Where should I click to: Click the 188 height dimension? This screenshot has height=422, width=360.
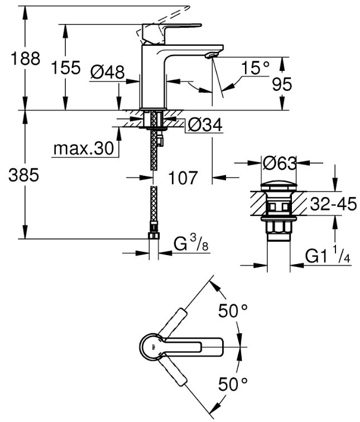click(25, 59)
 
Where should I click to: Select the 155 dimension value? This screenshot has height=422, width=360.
click(66, 68)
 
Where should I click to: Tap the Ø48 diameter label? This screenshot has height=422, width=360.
click(108, 72)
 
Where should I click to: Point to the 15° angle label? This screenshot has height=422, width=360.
click(255, 68)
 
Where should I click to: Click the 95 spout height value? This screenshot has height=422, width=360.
click(282, 84)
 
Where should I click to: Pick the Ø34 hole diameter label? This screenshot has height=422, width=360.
click(205, 125)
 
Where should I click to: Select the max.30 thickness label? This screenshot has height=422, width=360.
click(84, 148)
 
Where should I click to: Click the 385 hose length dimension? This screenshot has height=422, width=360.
click(23, 175)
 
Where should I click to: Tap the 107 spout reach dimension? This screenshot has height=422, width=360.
click(183, 178)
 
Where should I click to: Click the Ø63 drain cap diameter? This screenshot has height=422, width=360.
click(279, 163)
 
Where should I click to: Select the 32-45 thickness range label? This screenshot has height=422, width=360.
click(333, 204)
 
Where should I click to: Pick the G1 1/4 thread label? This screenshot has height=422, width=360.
click(328, 255)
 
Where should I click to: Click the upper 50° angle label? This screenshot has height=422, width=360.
click(233, 310)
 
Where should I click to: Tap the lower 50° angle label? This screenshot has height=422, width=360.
click(233, 384)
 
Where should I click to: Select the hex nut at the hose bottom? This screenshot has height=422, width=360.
click(153, 236)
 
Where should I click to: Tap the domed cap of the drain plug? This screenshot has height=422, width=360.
click(279, 187)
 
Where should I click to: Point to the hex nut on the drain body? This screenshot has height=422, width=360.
click(279, 227)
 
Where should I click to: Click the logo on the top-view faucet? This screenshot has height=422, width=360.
click(153, 347)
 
